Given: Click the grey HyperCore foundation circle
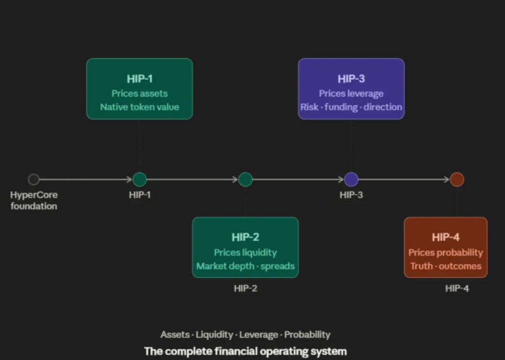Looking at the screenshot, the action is click(33, 179).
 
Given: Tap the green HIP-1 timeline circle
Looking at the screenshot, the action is click(140, 179).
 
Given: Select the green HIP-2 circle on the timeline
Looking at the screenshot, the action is click(246, 179).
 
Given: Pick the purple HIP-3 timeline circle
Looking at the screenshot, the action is click(351, 179).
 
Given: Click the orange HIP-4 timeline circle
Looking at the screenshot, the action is click(457, 179).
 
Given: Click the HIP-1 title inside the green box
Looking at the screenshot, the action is click(140, 79).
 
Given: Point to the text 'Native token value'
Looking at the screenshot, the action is click(140, 107).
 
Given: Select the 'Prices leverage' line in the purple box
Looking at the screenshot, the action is click(351, 93).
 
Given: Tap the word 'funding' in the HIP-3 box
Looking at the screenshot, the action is click(341, 107).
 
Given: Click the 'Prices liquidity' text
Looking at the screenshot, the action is click(246, 253).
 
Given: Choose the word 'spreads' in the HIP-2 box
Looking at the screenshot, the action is click(277, 266).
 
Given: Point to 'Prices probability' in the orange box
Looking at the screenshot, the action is click(446, 253).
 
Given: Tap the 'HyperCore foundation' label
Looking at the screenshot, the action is click(34, 200).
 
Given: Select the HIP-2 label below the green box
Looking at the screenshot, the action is click(246, 289).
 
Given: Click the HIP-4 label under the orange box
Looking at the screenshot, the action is click(457, 289).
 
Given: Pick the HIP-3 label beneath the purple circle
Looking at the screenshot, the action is click(351, 194).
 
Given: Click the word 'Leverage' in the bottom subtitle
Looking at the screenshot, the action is click(258, 335).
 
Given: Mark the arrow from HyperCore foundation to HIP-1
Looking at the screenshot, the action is click(85, 179).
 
